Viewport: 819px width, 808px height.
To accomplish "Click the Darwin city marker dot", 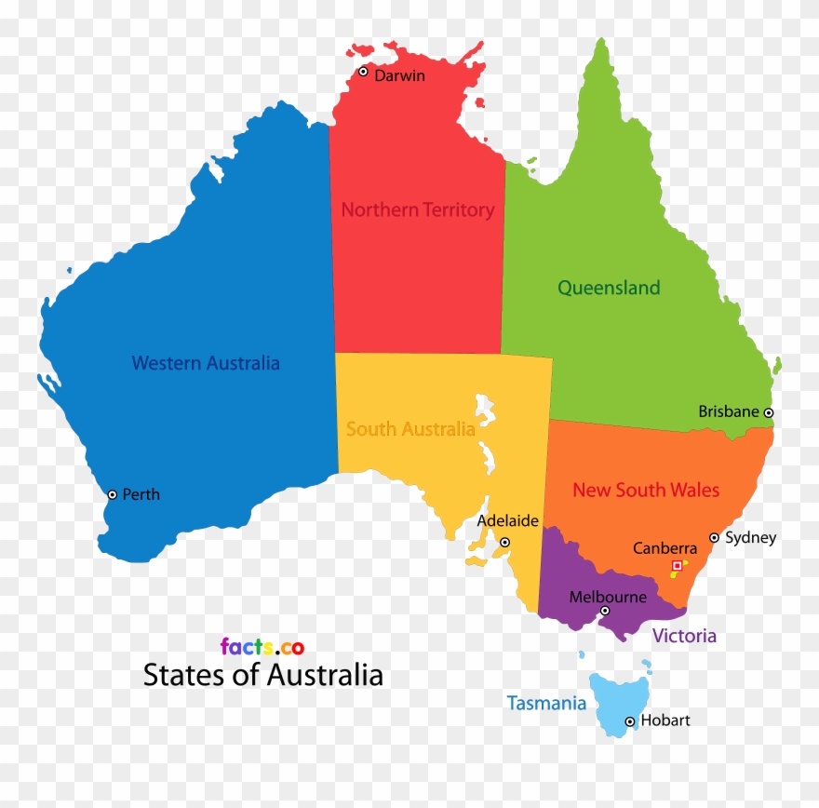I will pos(363,72).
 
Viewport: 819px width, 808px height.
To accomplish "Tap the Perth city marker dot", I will pos(113,494).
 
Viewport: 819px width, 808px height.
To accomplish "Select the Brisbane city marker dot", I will pos(769,412).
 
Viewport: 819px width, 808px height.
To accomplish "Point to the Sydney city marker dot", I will pos(714,537).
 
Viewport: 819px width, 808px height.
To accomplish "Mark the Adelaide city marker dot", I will pos(504,542).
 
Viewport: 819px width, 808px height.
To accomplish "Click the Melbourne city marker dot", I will pos(605,611).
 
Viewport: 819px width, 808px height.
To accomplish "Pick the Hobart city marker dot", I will pos(630,721).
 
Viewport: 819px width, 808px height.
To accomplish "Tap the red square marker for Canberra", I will pos(677,565).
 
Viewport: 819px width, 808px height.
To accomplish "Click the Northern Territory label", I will pos(417,210).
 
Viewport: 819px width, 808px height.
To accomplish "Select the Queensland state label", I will pos(609,288).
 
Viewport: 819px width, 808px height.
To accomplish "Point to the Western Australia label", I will pos(206,363).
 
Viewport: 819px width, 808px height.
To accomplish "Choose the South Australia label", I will pos(410,429).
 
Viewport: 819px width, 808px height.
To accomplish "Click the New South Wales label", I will pos(646,490).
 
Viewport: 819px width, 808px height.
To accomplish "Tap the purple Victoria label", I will pos(684,636).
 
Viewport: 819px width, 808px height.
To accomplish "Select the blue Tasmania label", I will pos(546,704).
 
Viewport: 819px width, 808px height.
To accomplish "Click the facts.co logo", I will pos(262,646).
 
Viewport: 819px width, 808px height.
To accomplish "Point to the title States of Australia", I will pos(262,675).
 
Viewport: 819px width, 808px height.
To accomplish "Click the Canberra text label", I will pos(665,549).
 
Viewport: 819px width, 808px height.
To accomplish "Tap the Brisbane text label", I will pos(729,411).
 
